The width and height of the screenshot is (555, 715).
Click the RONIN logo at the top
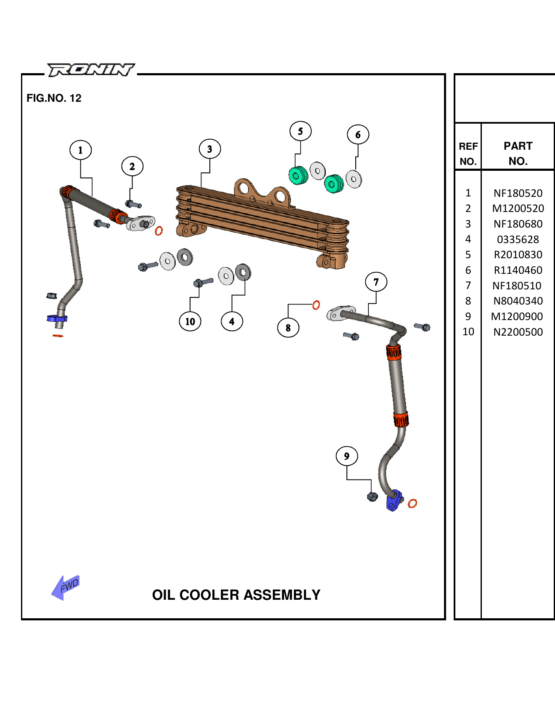(90, 70)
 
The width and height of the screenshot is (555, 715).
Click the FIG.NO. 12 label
(54, 98)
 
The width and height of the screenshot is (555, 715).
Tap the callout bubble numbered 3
(210, 149)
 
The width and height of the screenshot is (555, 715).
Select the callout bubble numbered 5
(300, 131)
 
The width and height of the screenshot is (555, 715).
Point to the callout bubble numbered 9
(346, 456)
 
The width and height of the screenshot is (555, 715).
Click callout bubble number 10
(190, 321)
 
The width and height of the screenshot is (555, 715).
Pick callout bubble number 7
(376, 282)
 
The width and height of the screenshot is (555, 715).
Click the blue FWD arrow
(66, 587)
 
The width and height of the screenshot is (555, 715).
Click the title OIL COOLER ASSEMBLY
(236, 595)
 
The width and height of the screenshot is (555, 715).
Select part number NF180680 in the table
(518, 224)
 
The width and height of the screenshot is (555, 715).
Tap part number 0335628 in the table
(518, 239)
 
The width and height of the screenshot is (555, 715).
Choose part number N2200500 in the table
(518, 332)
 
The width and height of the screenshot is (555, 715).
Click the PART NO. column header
(518, 154)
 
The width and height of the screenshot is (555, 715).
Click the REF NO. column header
(468, 154)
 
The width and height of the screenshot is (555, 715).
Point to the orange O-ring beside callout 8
(316, 305)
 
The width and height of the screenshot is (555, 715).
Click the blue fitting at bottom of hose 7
(394, 500)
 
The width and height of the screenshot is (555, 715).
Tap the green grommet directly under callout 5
(298, 175)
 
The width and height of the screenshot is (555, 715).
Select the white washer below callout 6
(354, 179)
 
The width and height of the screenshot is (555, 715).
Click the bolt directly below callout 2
(133, 204)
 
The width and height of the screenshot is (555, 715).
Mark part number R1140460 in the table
(518, 270)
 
